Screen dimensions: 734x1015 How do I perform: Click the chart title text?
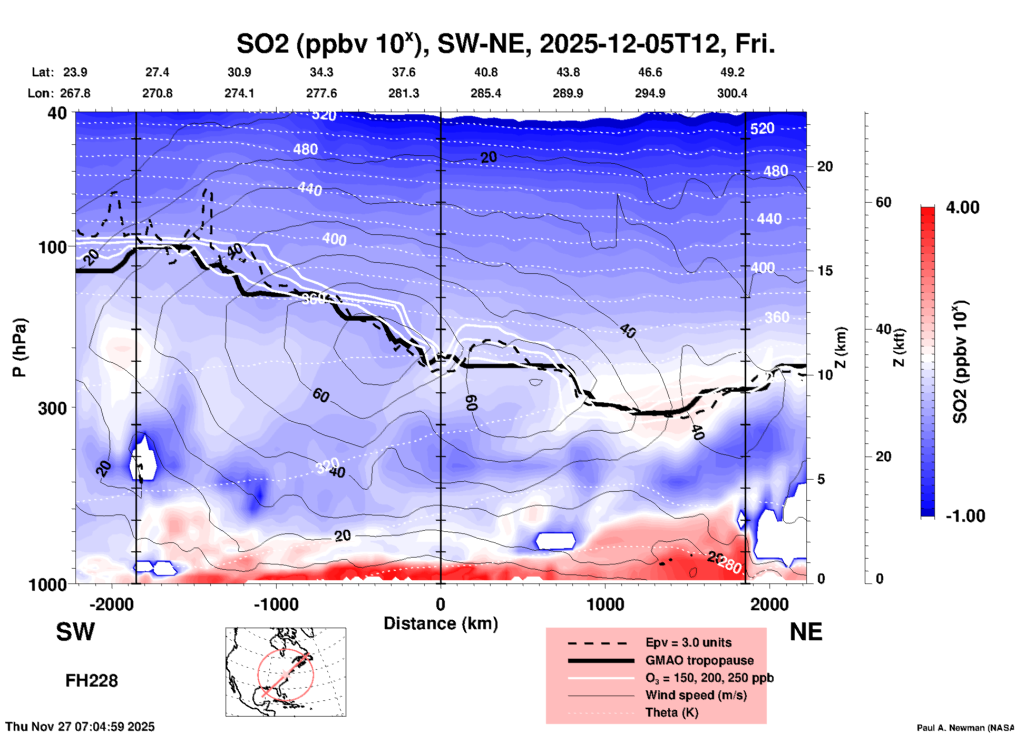tap(506, 44)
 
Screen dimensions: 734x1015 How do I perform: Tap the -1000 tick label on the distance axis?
tap(276, 604)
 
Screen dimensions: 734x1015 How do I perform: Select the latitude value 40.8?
tap(485, 72)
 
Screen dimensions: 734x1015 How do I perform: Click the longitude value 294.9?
tap(650, 93)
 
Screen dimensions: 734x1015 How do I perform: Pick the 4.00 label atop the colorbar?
tap(962, 207)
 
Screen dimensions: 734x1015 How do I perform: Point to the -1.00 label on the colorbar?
tap(964, 515)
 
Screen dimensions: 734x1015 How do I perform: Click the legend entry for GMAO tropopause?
tap(699, 660)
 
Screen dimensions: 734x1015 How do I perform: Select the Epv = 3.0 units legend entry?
tap(688, 642)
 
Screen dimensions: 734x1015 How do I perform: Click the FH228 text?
tap(91, 681)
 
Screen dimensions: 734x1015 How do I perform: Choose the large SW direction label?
tap(75, 632)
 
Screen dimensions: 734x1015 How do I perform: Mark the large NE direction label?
tap(806, 632)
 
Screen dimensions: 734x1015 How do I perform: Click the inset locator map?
tap(286, 671)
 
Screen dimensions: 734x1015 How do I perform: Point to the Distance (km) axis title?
tap(441, 623)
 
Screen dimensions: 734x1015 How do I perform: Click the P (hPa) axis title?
tap(19, 348)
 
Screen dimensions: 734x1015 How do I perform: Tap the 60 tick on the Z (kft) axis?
tap(883, 202)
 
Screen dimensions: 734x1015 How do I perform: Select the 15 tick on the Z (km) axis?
tap(825, 271)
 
